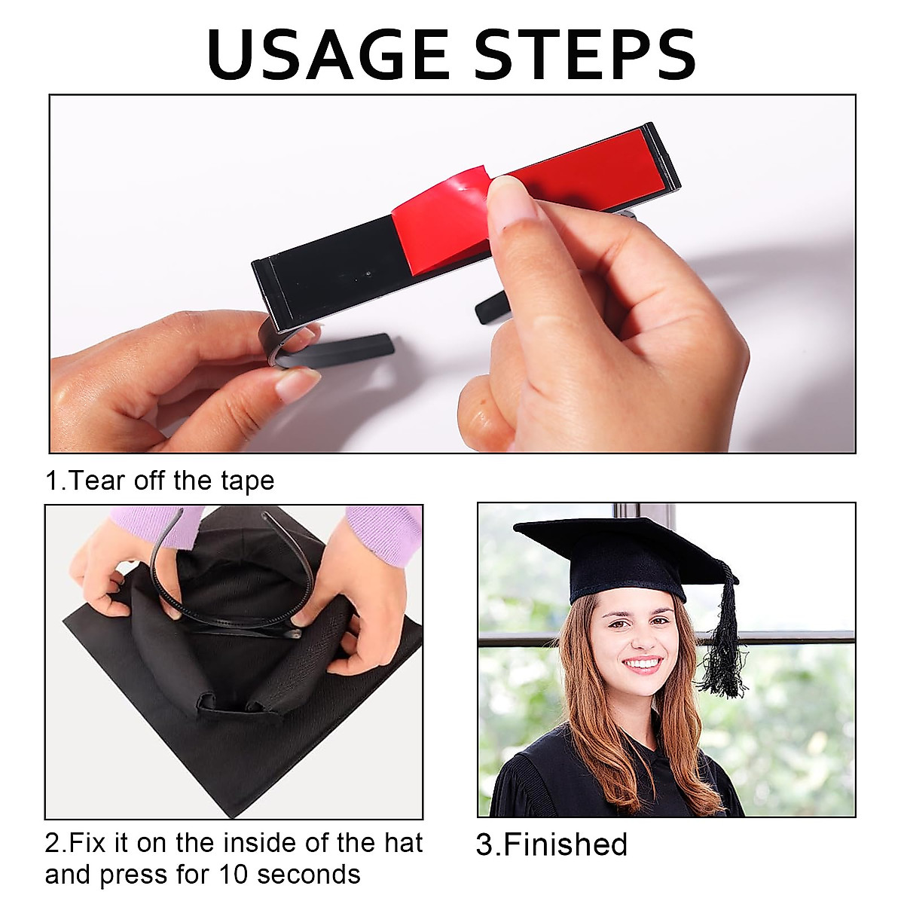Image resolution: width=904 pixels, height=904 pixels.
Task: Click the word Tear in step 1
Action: [97, 481]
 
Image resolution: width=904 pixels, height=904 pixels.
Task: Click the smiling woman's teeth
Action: [643, 664]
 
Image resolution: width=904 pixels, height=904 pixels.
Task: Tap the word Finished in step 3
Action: [565, 844]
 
